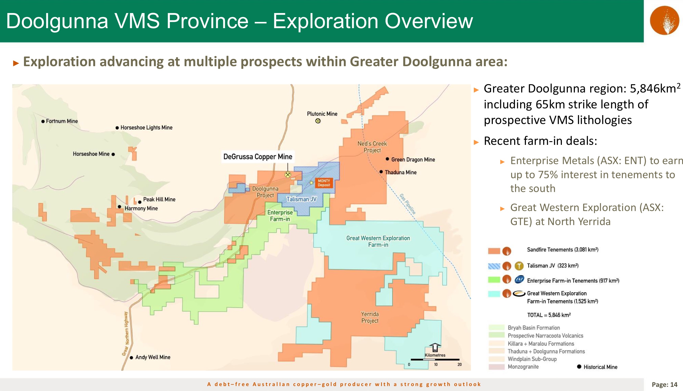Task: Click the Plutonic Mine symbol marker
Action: click(x=318, y=121)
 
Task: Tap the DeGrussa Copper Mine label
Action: click(x=258, y=157)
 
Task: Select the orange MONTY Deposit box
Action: click(x=324, y=183)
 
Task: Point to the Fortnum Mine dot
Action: click(x=43, y=121)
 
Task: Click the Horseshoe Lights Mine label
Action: click(x=146, y=128)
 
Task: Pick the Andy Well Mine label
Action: click(x=153, y=357)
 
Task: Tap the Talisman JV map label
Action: click(x=301, y=199)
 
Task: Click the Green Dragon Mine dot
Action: click(x=387, y=159)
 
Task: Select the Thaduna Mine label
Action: click(x=401, y=172)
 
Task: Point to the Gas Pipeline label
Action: click(x=408, y=204)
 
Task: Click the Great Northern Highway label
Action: click(x=126, y=333)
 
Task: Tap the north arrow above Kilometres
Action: click(x=435, y=347)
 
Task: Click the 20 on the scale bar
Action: click(x=460, y=364)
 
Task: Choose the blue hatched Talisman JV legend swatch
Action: click(x=494, y=266)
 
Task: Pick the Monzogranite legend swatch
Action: click(x=497, y=367)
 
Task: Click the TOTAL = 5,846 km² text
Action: click(x=549, y=315)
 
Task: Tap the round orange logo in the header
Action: click(x=665, y=20)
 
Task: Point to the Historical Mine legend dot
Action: click(x=579, y=367)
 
